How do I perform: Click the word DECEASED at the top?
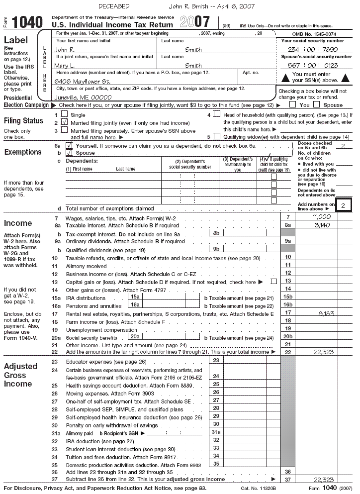pos(114,6)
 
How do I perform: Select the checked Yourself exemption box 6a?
pos(69,145)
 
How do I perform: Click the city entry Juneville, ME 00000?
pos(83,98)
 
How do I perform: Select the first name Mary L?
pos(65,66)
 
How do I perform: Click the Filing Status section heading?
pos(23,121)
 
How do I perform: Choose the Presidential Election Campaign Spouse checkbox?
pos(317,105)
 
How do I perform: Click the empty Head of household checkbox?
pos(217,114)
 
